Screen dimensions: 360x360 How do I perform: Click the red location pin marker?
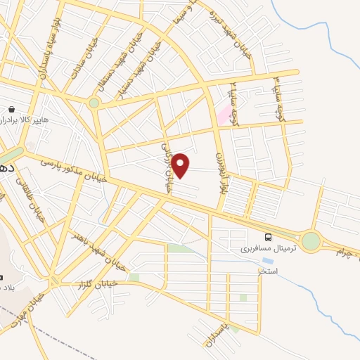click(181, 165)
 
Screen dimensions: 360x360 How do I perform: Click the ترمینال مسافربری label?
click(269, 248)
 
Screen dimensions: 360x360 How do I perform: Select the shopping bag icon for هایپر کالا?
click(12, 110)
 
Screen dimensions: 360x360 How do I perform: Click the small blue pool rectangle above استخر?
click(268, 261)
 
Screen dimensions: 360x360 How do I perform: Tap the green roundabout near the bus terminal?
click(311, 241)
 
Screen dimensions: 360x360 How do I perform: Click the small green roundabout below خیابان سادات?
click(94, 103)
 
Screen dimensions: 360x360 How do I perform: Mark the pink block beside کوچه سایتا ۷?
click(223, 115)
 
